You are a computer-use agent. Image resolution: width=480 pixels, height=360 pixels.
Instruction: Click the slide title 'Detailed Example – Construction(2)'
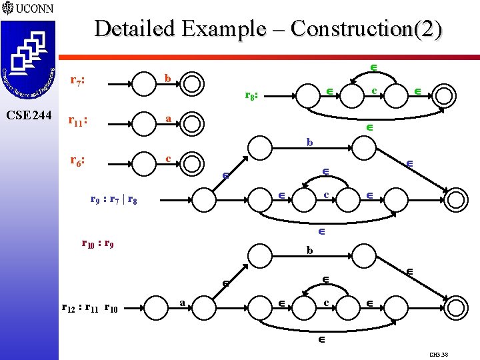(268, 29)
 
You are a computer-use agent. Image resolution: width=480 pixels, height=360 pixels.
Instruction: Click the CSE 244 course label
(27, 115)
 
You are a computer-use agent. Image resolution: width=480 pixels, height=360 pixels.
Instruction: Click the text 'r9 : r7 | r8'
(114, 199)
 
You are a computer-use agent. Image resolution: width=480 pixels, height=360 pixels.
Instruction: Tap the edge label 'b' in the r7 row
(168, 79)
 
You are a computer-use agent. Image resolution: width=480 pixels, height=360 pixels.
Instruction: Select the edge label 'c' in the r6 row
(169, 158)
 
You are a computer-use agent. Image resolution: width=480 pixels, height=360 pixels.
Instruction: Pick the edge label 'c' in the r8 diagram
(375, 90)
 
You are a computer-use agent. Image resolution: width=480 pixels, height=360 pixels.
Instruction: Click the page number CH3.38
(439, 355)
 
